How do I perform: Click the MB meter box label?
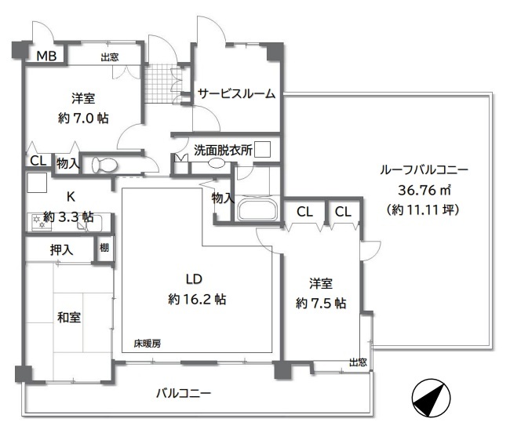[x=46, y=56]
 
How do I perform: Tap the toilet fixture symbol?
[x=104, y=166]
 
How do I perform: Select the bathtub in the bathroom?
[x=257, y=209]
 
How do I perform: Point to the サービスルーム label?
[x=236, y=93]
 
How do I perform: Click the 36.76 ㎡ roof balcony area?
[x=424, y=190]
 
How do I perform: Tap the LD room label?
[x=194, y=279]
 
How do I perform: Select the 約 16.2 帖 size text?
[x=197, y=299]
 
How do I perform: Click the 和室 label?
[x=69, y=317]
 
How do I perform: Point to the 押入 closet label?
[x=61, y=249]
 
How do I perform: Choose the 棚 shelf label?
[x=104, y=248]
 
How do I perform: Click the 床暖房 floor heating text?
[x=148, y=344]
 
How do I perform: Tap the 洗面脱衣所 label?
[x=223, y=150]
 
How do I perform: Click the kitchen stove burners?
[x=38, y=222]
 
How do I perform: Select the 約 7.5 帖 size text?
[x=321, y=304]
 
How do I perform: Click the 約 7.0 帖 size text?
[x=83, y=118]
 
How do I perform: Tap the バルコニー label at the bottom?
[x=184, y=393]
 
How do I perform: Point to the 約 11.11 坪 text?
[x=423, y=209]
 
